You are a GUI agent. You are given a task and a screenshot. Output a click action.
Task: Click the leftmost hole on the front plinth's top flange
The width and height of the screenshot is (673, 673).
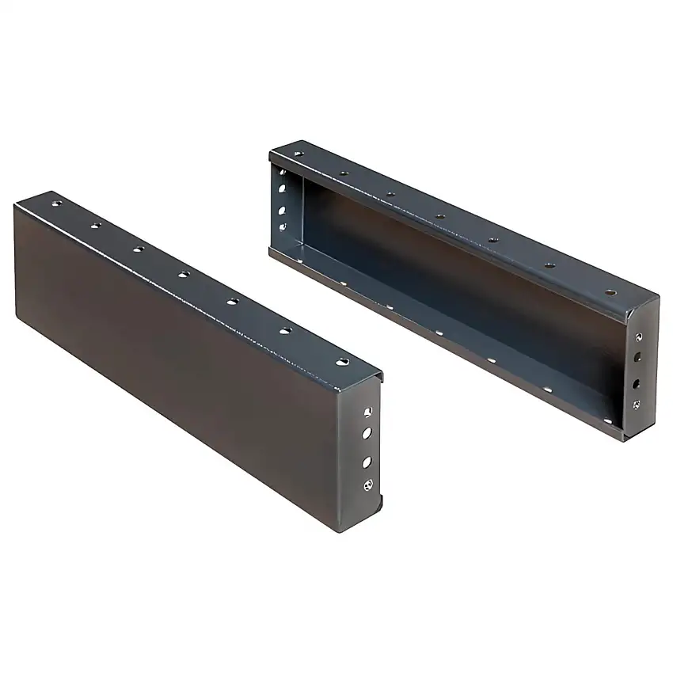point(56,203)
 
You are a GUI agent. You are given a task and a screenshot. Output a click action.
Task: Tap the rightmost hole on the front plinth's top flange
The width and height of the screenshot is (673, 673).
point(341,361)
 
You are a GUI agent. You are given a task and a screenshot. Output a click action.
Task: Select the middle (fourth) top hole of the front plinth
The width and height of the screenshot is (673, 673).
point(184,274)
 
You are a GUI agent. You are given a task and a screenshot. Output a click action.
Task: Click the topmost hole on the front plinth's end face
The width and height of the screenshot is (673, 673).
point(367,412)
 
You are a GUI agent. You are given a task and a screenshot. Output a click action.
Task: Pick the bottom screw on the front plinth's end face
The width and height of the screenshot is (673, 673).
point(367,485)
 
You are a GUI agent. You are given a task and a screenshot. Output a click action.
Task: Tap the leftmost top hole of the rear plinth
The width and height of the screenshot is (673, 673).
point(298,154)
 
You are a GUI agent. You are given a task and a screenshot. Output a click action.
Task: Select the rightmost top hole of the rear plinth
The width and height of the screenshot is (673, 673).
point(610,292)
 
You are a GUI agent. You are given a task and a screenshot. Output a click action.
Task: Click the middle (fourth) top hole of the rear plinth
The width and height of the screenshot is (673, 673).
point(439,216)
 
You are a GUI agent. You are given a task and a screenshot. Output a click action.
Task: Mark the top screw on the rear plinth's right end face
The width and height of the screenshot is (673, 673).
point(639,336)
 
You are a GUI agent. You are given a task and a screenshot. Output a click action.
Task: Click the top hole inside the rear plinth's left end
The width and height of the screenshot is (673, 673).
point(282,173)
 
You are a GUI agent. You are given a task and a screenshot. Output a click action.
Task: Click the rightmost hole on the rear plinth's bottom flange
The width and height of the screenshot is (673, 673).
point(608,420)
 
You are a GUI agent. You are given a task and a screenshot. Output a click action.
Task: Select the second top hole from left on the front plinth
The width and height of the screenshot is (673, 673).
point(95,226)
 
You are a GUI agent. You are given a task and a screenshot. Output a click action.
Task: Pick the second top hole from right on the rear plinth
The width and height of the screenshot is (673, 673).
point(549,265)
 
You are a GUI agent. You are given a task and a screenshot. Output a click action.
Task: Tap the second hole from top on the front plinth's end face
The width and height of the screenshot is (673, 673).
point(367,433)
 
